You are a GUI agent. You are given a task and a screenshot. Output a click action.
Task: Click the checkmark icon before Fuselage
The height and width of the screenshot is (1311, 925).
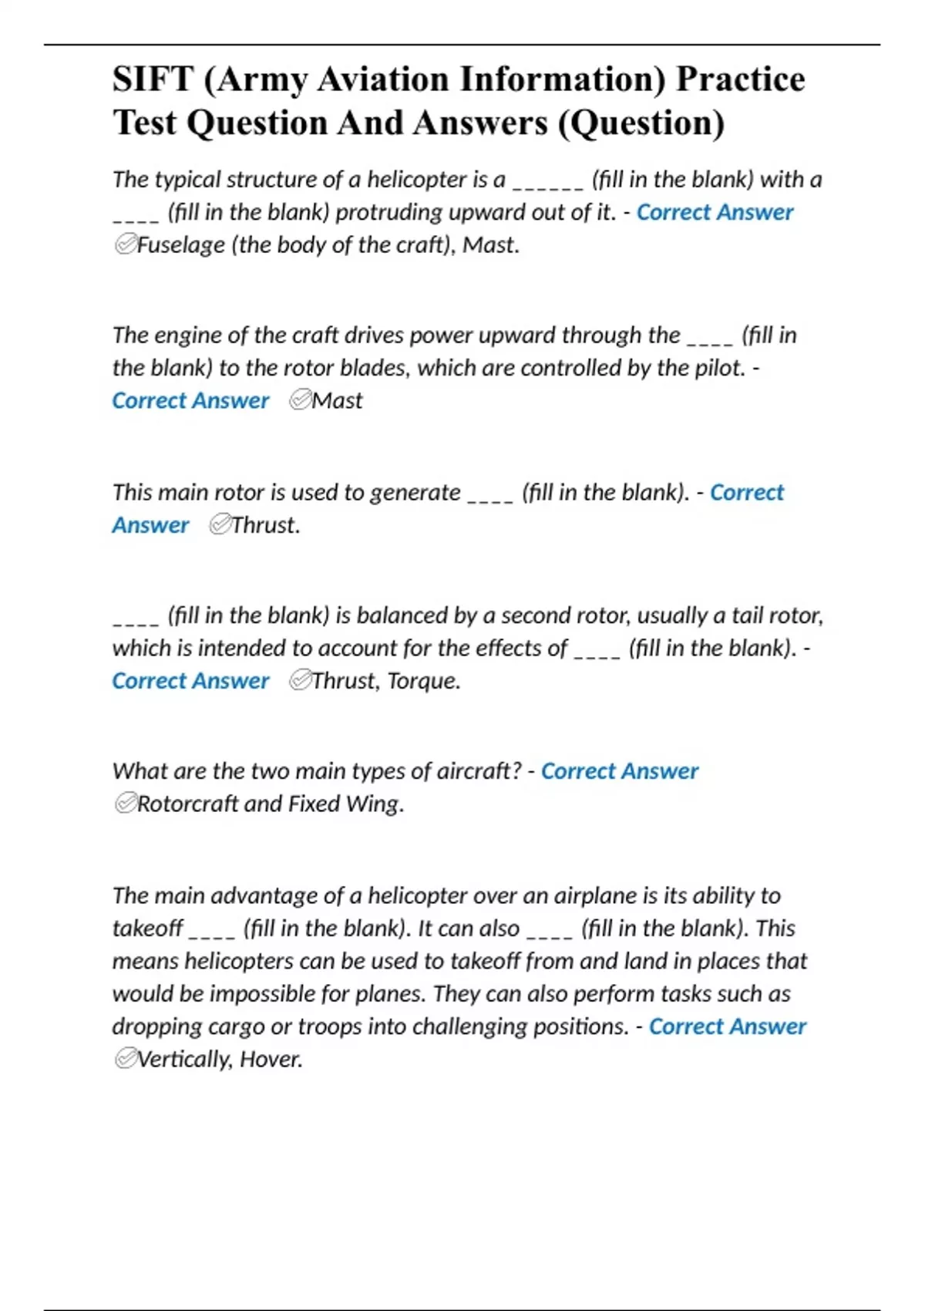tap(125, 245)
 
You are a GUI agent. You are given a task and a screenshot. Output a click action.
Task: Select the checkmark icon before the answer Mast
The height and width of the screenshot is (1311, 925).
tap(299, 400)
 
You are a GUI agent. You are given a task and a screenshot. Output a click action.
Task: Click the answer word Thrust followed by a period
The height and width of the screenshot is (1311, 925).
tap(265, 525)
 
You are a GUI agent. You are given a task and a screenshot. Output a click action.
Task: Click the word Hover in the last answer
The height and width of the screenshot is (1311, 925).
tap(271, 1060)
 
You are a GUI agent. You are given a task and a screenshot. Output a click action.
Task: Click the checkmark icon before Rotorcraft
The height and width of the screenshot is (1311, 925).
tap(125, 804)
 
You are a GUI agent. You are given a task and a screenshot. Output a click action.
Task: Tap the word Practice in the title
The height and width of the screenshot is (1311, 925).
tap(740, 79)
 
